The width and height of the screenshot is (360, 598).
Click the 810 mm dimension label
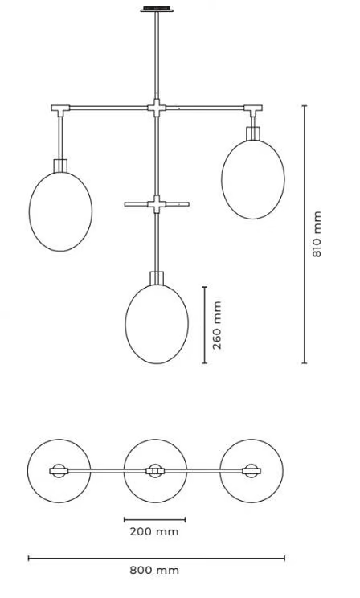[x=317, y=234]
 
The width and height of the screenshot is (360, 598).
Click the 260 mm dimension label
[x=217, y=325]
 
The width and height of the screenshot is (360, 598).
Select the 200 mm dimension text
[x=154, y=531]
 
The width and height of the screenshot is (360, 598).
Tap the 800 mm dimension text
[x=154, y=571]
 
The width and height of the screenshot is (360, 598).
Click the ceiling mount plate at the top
[x=157, y=9]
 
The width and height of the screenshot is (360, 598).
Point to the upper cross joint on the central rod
[x=157, y=108]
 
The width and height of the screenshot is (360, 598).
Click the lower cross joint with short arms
[x=157, y=204]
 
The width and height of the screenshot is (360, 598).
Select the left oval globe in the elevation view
[x=60, y=211]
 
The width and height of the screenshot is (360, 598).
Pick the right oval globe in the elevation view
[x=253, y=179]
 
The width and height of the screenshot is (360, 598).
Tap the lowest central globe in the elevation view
[x=157, y=324]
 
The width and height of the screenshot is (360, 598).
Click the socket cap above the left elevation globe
[x=60, y=166]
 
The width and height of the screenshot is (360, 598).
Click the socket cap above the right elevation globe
[x=253, y=134]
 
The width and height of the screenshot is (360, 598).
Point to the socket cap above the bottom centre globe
[x=157, y=278]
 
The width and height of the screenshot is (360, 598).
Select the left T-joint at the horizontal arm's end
[x=60, y=109]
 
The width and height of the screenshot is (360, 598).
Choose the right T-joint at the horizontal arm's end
[x=253, y=109]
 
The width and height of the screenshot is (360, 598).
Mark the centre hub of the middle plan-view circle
[x=155, y=471]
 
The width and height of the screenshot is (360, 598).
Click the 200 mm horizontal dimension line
[x=155, y=519]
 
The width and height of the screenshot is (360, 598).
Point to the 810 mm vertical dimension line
[x=305, y=234]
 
